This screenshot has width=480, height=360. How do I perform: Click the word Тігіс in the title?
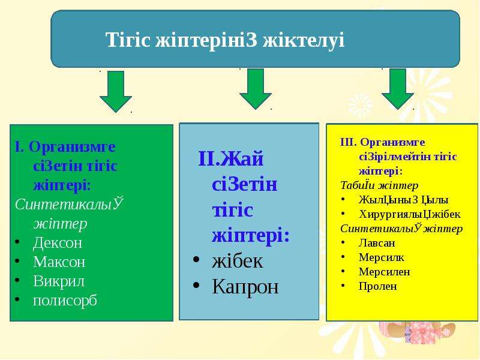click(x=128, y=40)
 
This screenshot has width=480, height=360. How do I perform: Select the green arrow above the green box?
click(x=116, y=92)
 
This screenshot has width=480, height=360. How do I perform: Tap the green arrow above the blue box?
click(x=256, y=89)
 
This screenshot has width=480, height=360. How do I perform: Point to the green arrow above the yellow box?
click(x=398, y=89)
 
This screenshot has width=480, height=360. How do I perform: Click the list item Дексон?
click(x=58, y=243)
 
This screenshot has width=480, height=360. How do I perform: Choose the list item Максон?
click(x=59, y=262)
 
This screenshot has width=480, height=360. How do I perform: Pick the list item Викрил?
click(x=58, y=281)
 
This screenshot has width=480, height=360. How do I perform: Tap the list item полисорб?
click(x=65, y=301)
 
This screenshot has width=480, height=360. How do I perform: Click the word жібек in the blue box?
click(x=237, y=261)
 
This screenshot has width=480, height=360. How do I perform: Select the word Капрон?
click(x=245, y=287)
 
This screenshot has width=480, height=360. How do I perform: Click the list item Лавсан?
click(x=377, y=243)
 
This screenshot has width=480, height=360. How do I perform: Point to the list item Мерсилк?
click(x=382, y=257)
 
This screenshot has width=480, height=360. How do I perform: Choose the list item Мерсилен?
click(x=384, y=272)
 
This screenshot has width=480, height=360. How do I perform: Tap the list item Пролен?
click(x=378, y=286)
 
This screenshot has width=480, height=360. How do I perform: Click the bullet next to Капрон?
click(x=196, y=286)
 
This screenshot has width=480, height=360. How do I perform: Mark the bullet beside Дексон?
click(x=17, y=242)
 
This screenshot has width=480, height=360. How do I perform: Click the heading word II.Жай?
click(x=231, y=158)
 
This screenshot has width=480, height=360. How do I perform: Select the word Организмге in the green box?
click(x=72, y=147)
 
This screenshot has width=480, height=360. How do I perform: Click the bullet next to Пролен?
click(x=343, y=286)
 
